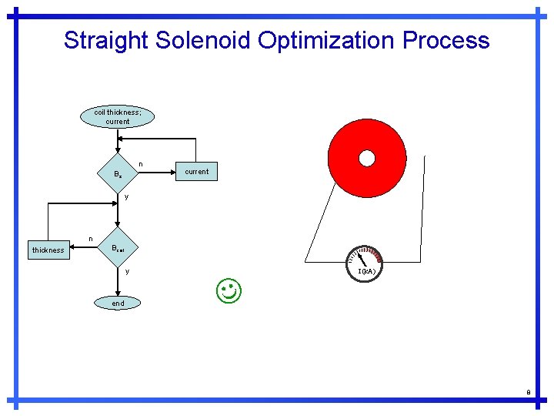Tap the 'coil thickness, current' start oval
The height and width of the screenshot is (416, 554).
[118, 116]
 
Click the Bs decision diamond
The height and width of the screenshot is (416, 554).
[117, 174]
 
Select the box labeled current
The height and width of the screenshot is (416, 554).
[196, 171]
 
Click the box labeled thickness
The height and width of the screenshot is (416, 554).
[48, 250]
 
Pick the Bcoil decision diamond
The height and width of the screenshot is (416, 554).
[117, 248]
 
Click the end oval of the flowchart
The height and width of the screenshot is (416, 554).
[118, 304]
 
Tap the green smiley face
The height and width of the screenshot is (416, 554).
[229, 292]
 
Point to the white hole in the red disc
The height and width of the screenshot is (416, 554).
[367, 158]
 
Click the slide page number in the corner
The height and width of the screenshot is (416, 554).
[529, 392]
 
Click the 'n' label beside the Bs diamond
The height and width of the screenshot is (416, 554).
[141, 163]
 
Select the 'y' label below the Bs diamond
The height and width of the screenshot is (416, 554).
[126, 196]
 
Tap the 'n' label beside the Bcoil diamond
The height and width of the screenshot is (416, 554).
[91, 239]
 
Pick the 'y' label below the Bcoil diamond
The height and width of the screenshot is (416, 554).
[127, 271]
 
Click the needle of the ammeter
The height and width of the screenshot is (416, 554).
[361, 260]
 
